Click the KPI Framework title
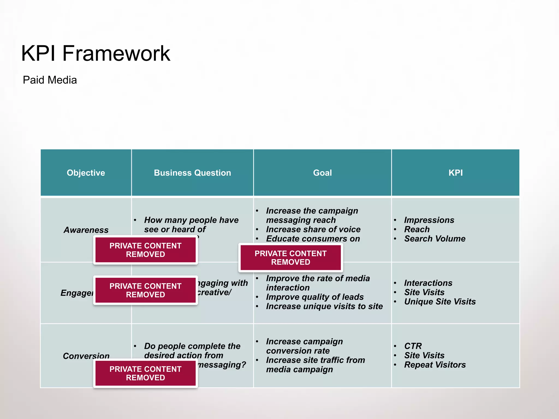(x=96, y=53)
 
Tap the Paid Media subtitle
(x=50, y=80)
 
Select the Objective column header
(x=86, y=173)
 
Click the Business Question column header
(x=192, y=173)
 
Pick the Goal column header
(x=322, y=173)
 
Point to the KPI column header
(x=456, y=173)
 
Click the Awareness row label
(x=86, y=230)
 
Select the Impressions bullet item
(x=429, y=220)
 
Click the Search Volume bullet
(x=435, y=239)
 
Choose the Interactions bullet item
(x=428, y=283)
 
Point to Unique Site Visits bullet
(x=440, y=302)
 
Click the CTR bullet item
(x=413, y=346)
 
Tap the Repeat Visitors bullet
(x=435, y=365)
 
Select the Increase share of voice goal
(x=313, y=229)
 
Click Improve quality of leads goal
(x=315, y=297)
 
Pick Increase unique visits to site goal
(x=324, y=306)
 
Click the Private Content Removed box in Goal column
(x=290, y=258)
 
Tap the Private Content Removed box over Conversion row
(x=145, y=373)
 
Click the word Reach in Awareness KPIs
(x=417, y=229)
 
